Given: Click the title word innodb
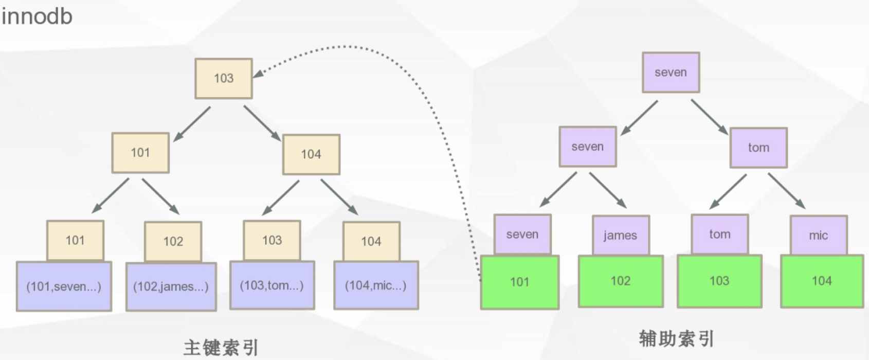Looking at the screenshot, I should click(37, 16).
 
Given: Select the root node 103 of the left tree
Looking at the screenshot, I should click(224, 78).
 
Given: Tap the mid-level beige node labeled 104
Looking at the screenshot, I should click(311, 154).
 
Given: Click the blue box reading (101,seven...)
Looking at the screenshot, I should click(64, 286).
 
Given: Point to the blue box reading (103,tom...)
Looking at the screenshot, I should click(272, 285).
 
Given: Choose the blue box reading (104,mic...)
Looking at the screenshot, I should click(376, 285).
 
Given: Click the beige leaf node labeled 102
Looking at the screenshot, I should click(173, 241).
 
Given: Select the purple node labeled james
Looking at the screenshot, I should click(620, 235).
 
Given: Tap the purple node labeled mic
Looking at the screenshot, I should click(818, 235).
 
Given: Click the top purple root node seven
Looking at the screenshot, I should click(671, 73).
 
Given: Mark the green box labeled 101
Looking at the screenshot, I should click(520, 282).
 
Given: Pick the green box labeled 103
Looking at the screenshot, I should click(719, 281).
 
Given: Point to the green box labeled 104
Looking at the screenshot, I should click(822, 281).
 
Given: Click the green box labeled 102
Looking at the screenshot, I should click(621, 281).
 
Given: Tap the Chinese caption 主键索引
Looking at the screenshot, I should click(221, 348).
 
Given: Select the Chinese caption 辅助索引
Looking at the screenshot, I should click(677, 338).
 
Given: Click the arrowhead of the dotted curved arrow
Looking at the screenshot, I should click(257, 74).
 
